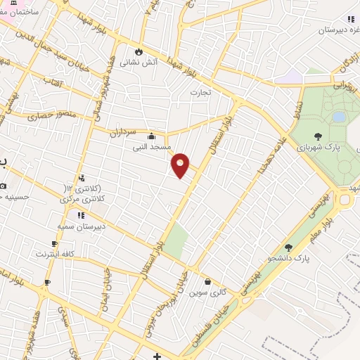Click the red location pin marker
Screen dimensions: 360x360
tap(181, 165)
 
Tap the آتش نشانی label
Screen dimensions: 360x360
tap(139, 62)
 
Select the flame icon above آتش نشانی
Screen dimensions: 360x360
tap(139, 51)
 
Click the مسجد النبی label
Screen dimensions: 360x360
tap(150, 148)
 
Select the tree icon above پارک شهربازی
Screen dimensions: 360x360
tap(318, 137)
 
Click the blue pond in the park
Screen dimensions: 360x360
tap(339, 116)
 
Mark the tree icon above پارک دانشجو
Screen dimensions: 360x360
tap(288, 247)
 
